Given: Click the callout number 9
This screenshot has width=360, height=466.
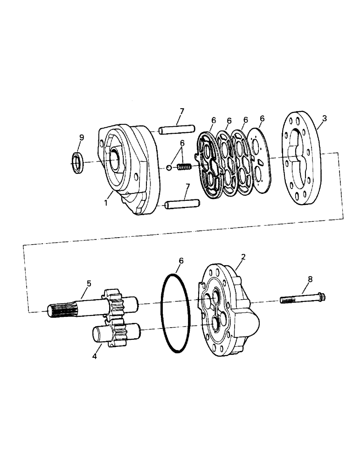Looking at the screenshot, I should tap(82, 137).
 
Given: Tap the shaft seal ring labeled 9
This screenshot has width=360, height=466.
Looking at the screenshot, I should tap(77, 162).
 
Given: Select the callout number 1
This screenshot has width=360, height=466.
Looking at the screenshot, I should tap(106, 203).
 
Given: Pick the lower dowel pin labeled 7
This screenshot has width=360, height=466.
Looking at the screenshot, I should tap(182, 204).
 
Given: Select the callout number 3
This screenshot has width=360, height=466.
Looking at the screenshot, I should tap(325, 118).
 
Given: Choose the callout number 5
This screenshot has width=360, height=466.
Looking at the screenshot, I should tap(89, 283).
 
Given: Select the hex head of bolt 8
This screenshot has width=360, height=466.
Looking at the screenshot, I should tap(320, 296).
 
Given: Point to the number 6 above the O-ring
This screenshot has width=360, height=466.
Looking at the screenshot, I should tap(181, 261).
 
